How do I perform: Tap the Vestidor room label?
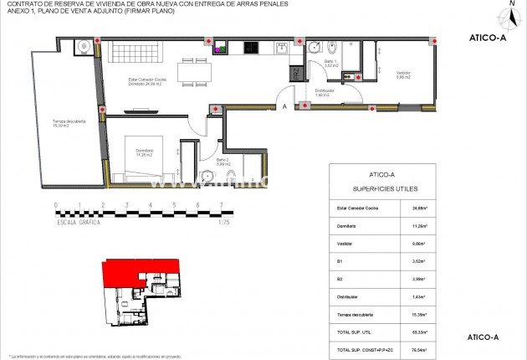(x=404, y=75)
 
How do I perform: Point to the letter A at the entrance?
(x=285, y=106)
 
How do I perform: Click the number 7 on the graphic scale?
(x=221, y=205)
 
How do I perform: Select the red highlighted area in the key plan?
(x=134, y=271)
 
